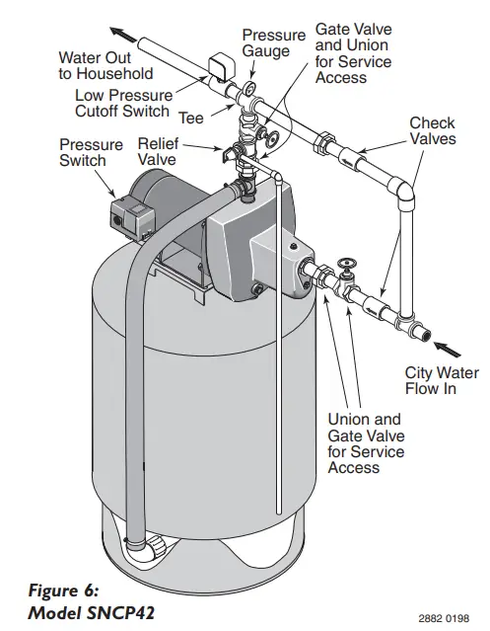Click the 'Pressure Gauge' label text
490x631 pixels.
click(x=273, y=43)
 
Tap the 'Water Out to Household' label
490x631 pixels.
click(x=105, y=65)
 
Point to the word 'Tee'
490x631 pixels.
click(x=191, y=118)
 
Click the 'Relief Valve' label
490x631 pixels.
click(x=158, y=151)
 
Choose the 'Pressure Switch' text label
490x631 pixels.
click(x=91, y=152)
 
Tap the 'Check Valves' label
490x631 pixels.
click(x=432, y=131)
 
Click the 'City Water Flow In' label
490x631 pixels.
click(x=442, y=382)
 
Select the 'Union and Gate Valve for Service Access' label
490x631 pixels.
click(x=364, y=443)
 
